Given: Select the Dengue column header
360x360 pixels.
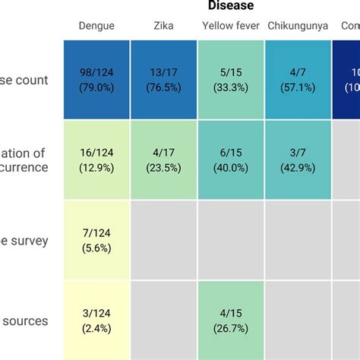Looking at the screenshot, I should [96, 26].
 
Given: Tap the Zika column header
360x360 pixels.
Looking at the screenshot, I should [163, 26].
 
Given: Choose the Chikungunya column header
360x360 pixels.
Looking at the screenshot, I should [298, 26].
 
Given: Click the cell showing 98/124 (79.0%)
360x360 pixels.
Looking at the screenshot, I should [96, 80].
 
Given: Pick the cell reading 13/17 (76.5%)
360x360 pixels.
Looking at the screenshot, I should [163, 80].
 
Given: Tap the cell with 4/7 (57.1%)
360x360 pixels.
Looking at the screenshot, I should [298, 80].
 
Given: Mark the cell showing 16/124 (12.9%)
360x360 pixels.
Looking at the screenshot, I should [96, 160].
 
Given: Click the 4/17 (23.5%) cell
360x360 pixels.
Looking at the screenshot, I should [163, 160].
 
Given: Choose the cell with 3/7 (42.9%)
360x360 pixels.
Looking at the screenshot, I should [298, 160].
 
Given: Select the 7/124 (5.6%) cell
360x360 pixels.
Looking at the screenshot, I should [96, 240].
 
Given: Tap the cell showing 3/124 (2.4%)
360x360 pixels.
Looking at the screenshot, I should [96, 321].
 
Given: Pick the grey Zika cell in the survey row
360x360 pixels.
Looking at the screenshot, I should [163, 240].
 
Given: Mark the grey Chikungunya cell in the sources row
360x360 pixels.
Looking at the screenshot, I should [298, 321].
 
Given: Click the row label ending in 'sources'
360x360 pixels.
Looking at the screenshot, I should [26, 321].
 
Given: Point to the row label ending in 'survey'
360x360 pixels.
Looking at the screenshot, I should [26, 241].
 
